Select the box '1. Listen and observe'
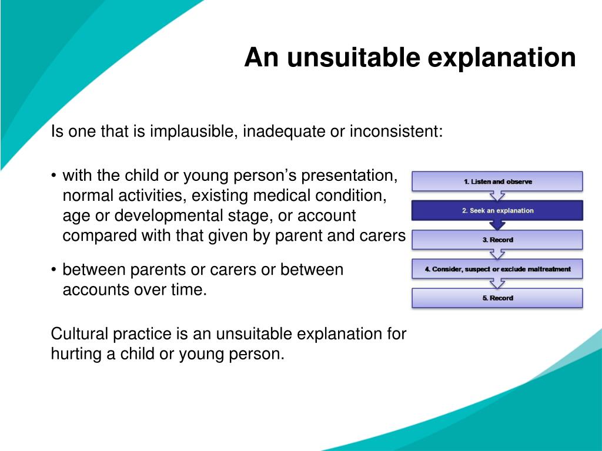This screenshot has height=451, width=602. (497, 181)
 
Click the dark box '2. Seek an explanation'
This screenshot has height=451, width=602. (497, 210)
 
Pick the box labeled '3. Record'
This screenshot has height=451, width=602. (497, 240)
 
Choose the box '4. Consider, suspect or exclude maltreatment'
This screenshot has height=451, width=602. (497, 269)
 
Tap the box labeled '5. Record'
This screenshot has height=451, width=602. (497, 298)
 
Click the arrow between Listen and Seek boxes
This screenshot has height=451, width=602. (497, 196)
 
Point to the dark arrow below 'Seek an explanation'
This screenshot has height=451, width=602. (497, 225)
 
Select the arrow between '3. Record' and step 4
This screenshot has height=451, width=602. (497, 254)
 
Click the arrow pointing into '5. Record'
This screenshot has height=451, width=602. (497, 284)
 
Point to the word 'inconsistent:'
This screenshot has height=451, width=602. (396, 131)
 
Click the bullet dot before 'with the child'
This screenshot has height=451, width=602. (53, 176)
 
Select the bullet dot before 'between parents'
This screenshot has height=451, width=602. (53, 270)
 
